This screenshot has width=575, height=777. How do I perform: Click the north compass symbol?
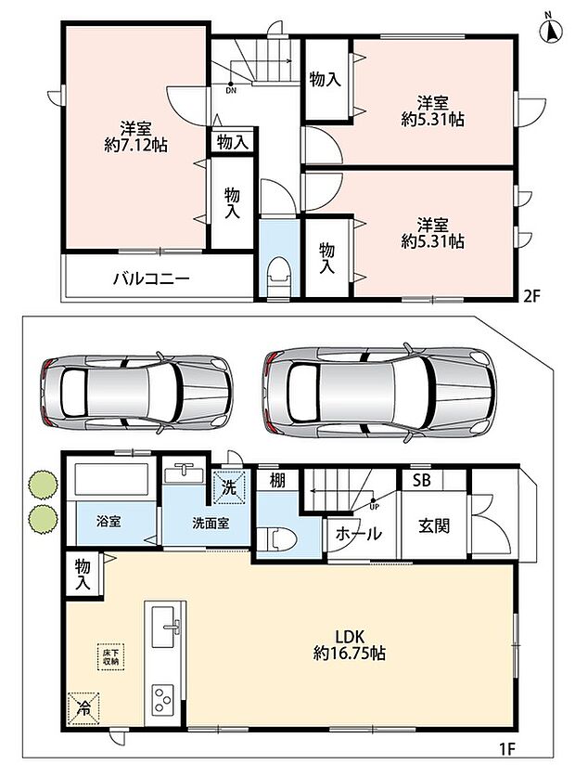click(x=550, y=29)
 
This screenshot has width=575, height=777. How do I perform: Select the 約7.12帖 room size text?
click(x=135, y=145)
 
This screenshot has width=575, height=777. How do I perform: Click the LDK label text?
click(x=351, y=635)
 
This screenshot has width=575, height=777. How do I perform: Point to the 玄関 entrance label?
click(x=434, y=525)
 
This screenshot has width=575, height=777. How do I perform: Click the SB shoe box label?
click(x=421, y=480)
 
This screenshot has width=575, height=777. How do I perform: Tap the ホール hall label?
click(x=359, y=534)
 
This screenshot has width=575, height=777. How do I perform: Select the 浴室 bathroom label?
click(x=109, y=522)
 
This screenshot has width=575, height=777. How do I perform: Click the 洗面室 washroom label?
click(x=211, y=524)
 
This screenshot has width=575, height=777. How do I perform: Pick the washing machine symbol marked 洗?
click(x=229, y=487)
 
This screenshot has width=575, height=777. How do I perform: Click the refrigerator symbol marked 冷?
click(x=83, y=708)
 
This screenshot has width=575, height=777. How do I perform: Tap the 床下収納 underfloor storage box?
click(x=110, y=656)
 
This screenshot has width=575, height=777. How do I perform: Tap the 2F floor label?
click(x=531, y=297)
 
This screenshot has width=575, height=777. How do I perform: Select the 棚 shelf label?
click(x=277, y=481)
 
